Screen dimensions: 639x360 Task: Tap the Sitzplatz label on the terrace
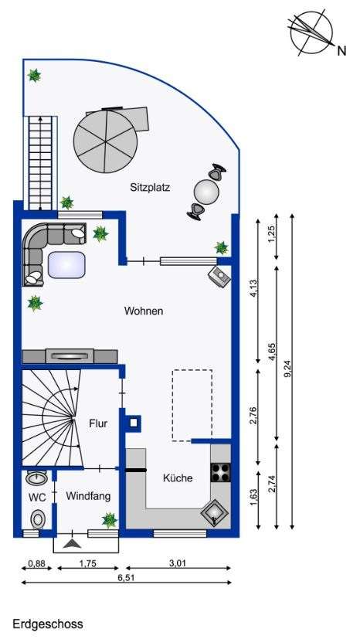point(151,187)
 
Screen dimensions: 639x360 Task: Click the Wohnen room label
point(144,311)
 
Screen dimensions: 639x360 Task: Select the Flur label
point(98,423)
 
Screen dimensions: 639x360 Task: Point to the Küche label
point(177,478)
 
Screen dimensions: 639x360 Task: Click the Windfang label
point(85,496)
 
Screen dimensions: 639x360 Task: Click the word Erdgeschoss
point(47,621)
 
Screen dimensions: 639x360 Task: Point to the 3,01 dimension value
point(178,563)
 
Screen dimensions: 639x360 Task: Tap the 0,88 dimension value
point(36,563)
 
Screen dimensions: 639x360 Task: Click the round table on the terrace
point(207,190)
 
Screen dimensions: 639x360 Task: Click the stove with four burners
point(219,471)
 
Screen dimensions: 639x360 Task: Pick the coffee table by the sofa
point(66,265)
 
